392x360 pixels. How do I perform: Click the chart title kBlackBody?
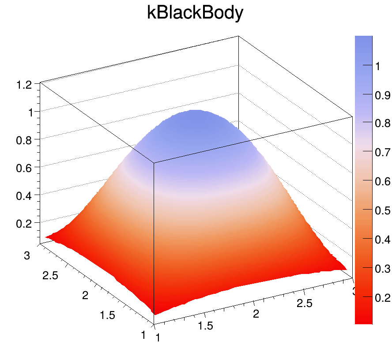point(195,13)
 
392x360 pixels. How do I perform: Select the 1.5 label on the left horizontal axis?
point(107,315)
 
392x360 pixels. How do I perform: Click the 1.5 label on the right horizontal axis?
point(205,326)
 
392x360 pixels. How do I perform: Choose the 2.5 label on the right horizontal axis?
point(304,303)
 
